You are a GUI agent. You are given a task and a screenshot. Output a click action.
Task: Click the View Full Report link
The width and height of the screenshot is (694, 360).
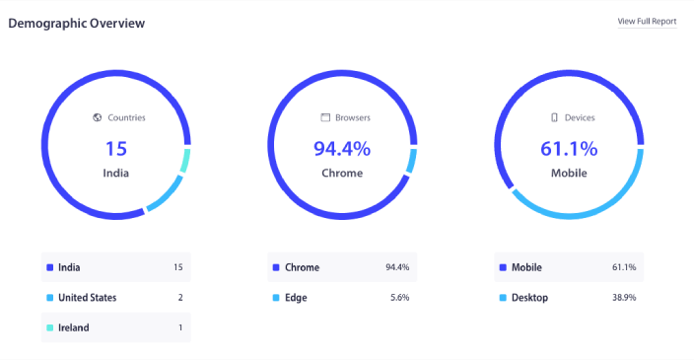pos(647,21)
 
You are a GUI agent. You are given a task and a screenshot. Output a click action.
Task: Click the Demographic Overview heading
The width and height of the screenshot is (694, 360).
pos(77,23)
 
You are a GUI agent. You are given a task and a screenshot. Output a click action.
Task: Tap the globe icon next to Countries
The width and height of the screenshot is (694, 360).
pos(97,117)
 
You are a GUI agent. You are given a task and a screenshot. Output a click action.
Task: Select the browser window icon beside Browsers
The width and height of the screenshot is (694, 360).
pos(324,117)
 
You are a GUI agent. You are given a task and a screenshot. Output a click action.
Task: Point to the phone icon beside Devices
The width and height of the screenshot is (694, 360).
pos(555,117)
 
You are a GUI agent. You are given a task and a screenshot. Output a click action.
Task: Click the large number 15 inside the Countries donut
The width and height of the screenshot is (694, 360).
pos(116,149)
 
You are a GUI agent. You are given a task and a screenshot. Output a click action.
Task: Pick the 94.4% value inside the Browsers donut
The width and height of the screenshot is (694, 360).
pos(342,149)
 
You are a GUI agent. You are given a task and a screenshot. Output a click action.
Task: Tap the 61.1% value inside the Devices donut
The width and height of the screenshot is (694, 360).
pos(569,149)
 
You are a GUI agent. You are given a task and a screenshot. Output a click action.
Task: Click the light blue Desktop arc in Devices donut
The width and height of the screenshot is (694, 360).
pos(591,211)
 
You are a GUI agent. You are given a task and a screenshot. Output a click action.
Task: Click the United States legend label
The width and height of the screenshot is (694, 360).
pos(87,297)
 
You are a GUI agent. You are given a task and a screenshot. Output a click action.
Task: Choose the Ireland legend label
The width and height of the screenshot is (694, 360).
pos(74,327)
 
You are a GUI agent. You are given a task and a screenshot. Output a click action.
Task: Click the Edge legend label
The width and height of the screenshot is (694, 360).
pos(296,297)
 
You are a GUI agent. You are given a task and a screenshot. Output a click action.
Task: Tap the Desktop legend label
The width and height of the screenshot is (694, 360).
pos(530,297)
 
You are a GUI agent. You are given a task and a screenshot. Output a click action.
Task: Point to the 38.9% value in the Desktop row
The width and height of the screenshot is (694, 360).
pos(624,297)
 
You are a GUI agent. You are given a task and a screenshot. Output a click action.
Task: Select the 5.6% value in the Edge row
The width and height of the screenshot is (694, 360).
pos(399,297)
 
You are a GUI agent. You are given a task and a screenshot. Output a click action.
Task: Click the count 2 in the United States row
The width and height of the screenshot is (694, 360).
pos(179,297)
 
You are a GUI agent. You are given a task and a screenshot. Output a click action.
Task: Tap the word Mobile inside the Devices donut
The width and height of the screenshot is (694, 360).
pos(569,174)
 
